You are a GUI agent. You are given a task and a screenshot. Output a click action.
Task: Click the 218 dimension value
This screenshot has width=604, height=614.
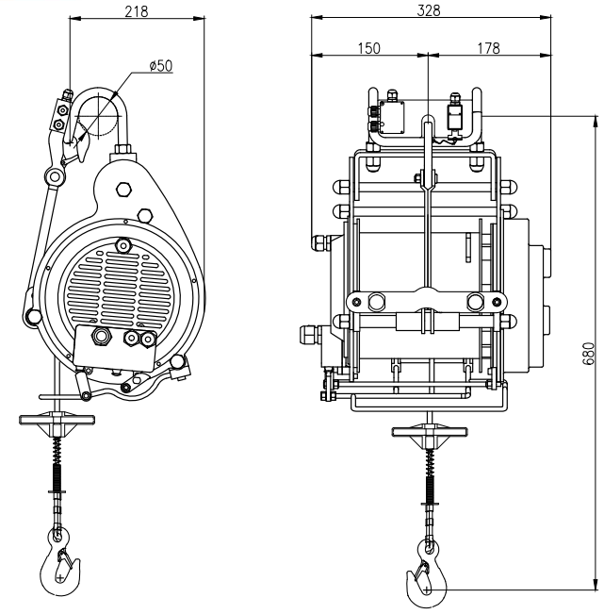point(137,11)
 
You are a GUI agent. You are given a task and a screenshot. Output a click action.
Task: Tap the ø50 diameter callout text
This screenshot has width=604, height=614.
point(161,65)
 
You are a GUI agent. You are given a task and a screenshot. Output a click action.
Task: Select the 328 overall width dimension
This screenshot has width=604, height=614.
point(429,10)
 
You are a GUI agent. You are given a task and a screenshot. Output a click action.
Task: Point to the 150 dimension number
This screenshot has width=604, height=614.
point(368,48)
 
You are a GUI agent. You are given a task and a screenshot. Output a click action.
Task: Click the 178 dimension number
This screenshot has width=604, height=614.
point(488,48)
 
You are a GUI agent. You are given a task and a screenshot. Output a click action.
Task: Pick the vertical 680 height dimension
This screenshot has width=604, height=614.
point(588,354)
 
